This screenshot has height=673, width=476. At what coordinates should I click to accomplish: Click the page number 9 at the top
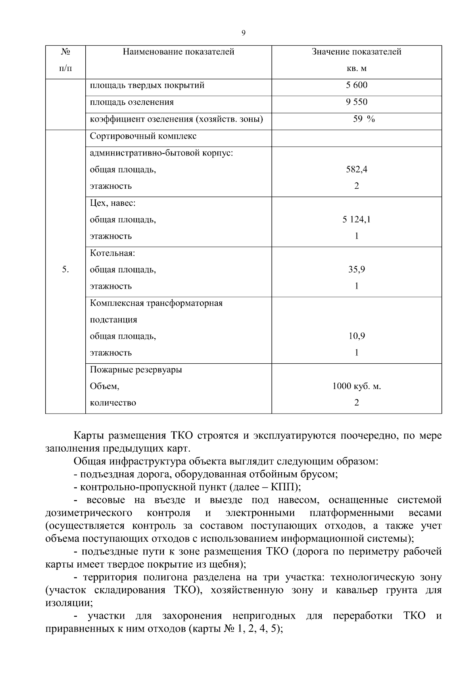click(x=243, y=33)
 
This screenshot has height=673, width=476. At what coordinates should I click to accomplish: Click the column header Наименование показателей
click(x=178, y=52)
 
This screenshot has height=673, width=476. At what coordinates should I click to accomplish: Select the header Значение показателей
click(x=356, y=52)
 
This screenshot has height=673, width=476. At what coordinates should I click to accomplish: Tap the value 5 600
click(x=356, y=85)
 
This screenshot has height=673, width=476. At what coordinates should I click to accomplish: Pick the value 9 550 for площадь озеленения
click(x=356, y=102)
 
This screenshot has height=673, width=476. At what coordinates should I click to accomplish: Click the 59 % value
click(x=363, y=119)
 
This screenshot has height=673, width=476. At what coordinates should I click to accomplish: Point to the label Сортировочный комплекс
click(x=143, y=136)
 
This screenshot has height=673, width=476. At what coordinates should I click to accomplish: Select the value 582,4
click(x=356, y=169)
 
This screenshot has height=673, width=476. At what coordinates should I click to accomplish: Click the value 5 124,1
click(x=356, y=219)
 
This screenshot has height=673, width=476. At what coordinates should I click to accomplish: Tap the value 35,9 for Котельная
click(x=356, y=270)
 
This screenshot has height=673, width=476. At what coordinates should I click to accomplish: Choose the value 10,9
click(x=356, y=336)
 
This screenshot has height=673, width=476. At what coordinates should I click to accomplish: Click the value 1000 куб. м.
click(x=356, y=386)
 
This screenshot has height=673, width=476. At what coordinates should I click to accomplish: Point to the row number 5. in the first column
click(x=65, y=270)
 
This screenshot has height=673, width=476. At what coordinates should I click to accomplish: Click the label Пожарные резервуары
click(x=136, y=370)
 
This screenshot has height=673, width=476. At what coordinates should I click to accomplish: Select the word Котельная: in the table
click(x=113, y=253)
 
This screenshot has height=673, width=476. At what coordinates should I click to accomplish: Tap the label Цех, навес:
click(x=113, y=203)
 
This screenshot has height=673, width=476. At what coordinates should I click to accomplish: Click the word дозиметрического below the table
click(x=89, y=513)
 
